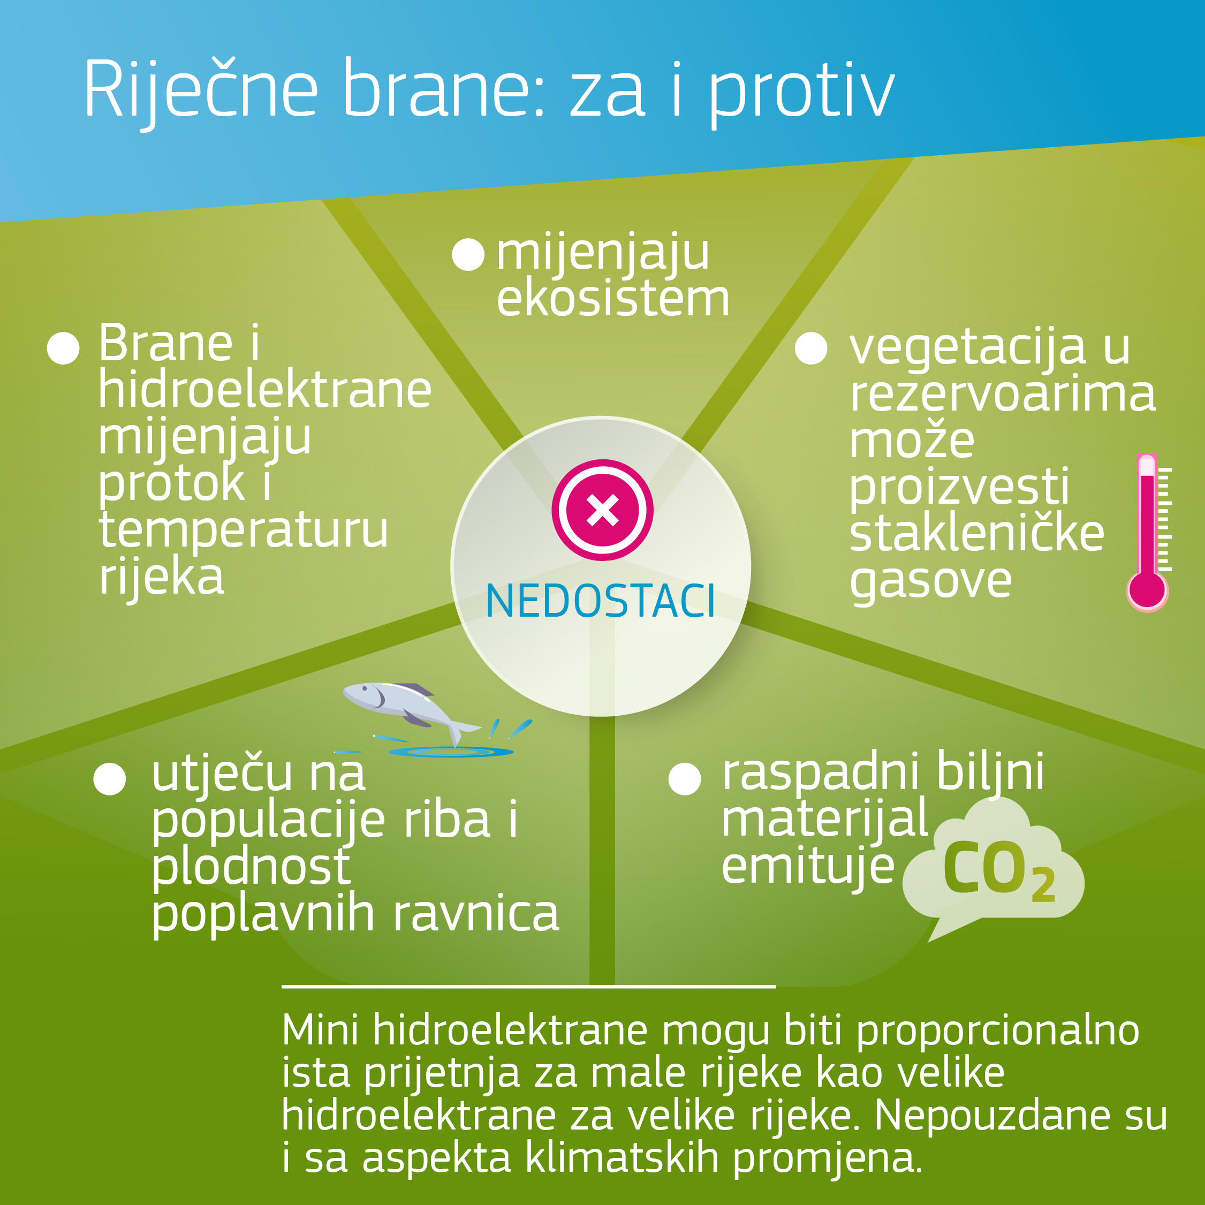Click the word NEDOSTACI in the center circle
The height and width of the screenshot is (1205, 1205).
click(600, 601)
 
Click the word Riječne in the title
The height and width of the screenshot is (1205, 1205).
click(201, 90)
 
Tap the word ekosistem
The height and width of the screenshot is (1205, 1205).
click(612, 299)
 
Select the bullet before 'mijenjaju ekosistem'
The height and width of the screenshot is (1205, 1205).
click(468, 254)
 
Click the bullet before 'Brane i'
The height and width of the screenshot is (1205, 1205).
click(63, 347)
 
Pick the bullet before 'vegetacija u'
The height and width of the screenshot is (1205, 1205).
click(811, 347)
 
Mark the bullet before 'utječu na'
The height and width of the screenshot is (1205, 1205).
click(110, 778)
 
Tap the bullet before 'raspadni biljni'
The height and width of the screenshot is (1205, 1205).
click(684, 778)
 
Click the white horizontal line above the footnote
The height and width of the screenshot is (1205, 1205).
click(529, 987)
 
